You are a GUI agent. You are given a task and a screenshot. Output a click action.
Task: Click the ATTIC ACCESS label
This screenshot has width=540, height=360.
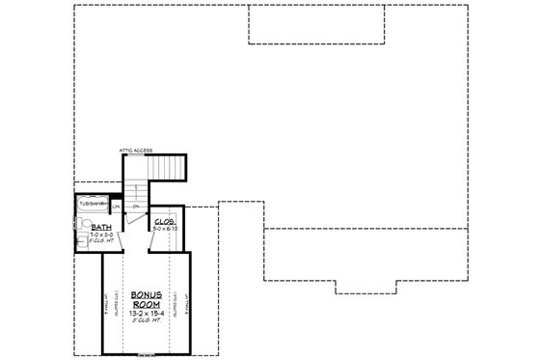(135, 151)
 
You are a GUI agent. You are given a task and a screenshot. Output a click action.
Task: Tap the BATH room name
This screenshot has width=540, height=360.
(99, 228)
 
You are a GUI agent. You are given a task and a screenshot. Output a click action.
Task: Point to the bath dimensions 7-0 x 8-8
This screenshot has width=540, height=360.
(99, 235)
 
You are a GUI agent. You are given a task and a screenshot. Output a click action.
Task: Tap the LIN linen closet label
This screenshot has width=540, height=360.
(116, 207)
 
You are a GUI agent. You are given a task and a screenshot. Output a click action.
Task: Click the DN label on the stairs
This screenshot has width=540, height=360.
(136, 207)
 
